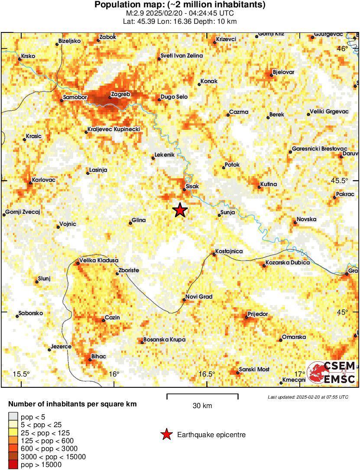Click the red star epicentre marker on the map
180,210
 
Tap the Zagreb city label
121,94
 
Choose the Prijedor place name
258,314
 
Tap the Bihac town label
99,356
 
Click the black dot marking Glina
130,223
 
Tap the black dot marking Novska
295,222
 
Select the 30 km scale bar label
202,406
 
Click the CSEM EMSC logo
331,372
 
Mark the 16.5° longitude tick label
207,374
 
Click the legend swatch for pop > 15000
13,465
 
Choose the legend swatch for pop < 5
13,416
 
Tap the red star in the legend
166,435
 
